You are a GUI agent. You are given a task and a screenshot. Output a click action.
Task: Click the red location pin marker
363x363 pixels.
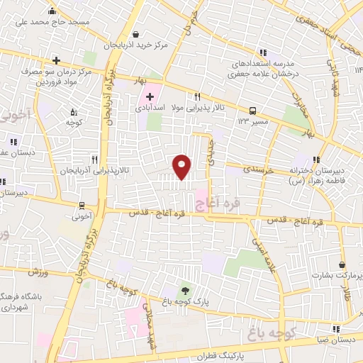point(182,167)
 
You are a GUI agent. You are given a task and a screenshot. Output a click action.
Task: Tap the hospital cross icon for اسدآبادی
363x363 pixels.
point(150,96)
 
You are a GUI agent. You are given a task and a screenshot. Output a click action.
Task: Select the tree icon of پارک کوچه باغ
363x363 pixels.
point(186,289)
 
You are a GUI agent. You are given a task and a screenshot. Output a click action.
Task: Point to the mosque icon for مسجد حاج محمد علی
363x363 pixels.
point(52,11)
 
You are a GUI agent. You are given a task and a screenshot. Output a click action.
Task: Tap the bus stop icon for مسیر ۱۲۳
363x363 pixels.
point(252,111)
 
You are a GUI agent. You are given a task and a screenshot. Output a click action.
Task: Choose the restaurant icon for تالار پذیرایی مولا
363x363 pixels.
point(198,97)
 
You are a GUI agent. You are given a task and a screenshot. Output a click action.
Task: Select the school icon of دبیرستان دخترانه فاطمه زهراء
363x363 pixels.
point(317,160)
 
